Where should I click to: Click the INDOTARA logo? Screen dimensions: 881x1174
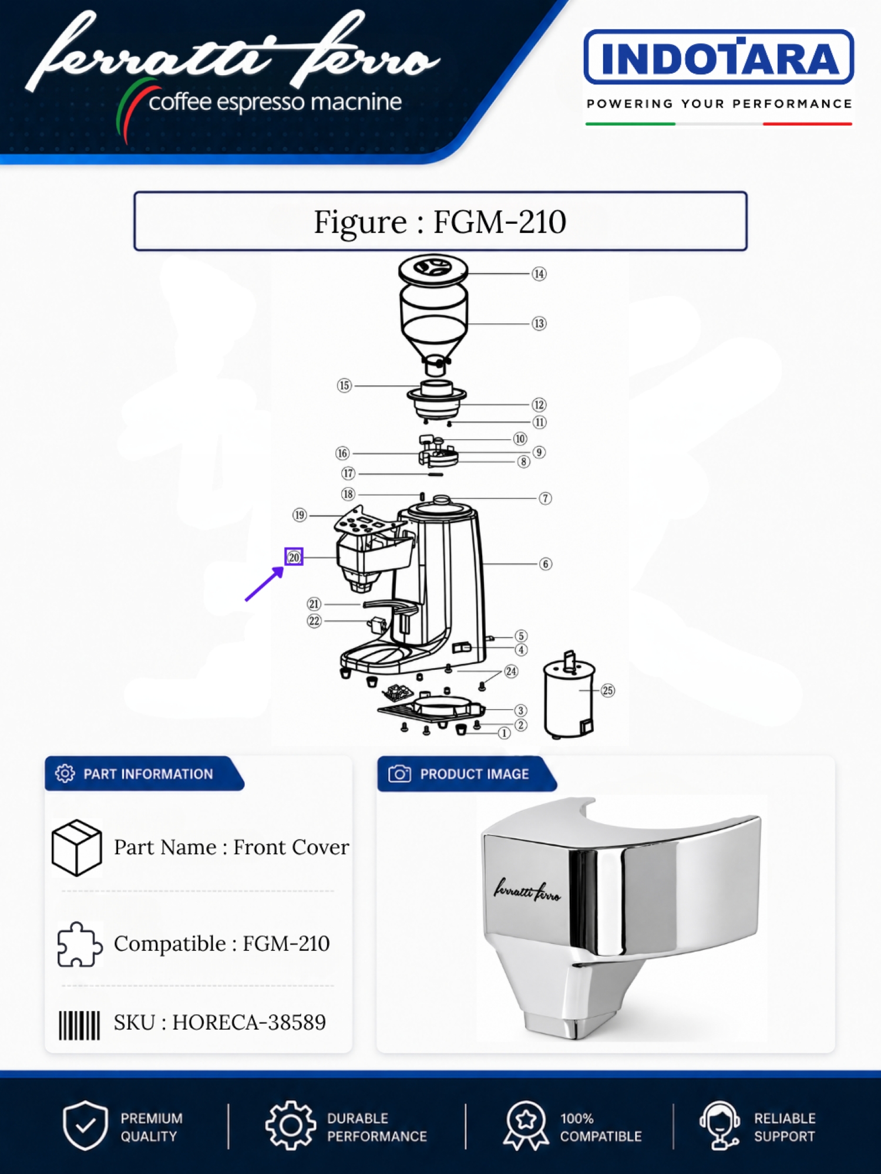pyautogui.click(x=719, y=58)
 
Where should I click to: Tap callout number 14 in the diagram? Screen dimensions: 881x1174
pyautogui.click(x=539, y=274)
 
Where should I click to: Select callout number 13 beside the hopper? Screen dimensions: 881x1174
pyautogui.click(x=539, y=323)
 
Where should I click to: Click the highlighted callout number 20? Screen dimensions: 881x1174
pyautogui.click(x=294, y=557)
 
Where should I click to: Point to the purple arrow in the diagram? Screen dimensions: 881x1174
pyautogui.click(x=264, y=583)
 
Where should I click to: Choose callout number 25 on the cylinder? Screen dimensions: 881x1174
pyautogui.click(x=608, y=690)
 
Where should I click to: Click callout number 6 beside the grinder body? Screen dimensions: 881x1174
pyautogui.click(x=546, y=564)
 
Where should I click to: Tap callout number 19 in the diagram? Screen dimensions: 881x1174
pyautogui.click(x=300, y=515)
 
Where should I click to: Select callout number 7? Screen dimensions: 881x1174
pyautogui.click(x=546, y=498)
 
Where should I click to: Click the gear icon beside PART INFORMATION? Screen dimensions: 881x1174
pyautogui.click(x=65, y=774)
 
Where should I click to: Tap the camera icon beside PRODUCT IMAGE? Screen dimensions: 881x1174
pyautogui.click(x=399, y=774)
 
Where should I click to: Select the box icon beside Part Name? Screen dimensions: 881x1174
pyautogui.click(x=76, y=848)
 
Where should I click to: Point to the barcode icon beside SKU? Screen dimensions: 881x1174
pyautogui.click(x=79, y=1025)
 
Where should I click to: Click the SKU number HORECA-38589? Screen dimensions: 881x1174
pyautogui.click(x=249, y=1023)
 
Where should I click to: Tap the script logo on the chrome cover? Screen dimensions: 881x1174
pyautogui.click(x=527, y=890)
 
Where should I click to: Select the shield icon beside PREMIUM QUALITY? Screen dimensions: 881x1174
pyautogui.click(x=85, y=1125)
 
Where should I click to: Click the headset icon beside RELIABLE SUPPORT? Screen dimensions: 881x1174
pyautogui.click(x=719, y=1125)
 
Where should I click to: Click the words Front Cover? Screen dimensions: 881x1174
pyautogui.click(x=291, y=847)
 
